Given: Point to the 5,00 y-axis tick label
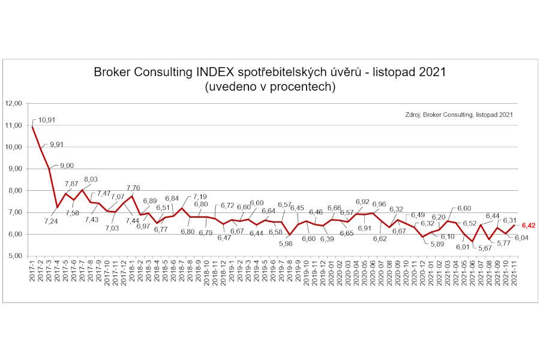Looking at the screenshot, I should point(15,256).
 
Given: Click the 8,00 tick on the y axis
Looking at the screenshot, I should point(15,191).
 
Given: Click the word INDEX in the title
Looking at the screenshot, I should point(215,72).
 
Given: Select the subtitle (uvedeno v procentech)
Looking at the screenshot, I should point(270,86).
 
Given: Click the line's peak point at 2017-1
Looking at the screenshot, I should point(32,127).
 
